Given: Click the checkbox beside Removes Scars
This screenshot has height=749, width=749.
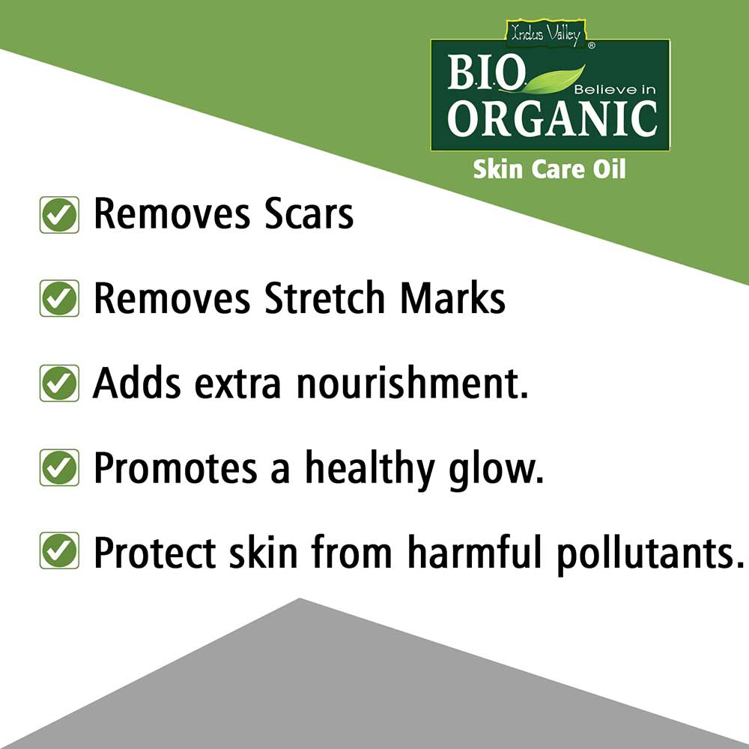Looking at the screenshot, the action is tap(59, 215).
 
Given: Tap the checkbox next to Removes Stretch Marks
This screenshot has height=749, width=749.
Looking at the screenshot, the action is tap(59, 299).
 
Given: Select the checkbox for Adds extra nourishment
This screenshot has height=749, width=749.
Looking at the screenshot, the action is tap(59, 383).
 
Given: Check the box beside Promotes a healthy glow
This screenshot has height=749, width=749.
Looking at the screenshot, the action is tap(59, 467).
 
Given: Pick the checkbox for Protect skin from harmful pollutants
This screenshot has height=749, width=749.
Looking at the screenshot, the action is tap(59, 551).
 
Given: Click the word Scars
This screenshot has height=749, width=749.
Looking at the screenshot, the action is tap(309, 214).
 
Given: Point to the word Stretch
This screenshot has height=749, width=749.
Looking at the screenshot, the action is tap(325, 297).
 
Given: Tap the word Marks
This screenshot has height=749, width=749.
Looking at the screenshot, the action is tap(453, 297).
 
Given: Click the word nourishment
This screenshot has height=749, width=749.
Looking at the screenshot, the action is tap(413, 383).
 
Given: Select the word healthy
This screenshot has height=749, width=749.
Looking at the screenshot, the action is tap(370, 469).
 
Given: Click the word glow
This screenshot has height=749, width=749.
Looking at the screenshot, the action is tap(497, 470).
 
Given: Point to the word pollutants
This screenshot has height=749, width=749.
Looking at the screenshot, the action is tap(651, 554).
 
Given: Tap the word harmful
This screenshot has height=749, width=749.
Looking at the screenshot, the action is tap(475, 552).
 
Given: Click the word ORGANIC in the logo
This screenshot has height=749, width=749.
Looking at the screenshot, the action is tap(552, 118).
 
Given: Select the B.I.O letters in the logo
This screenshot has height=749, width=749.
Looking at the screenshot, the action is tap(486, 72).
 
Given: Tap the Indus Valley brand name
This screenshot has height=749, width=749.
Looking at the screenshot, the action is tap(545, 34).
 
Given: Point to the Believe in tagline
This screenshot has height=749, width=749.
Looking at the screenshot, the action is tap(615, 89).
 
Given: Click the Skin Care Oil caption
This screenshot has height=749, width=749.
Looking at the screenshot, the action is tap(549, 169).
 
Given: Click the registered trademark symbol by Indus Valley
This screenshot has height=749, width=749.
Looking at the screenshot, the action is tap(592, 46).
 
